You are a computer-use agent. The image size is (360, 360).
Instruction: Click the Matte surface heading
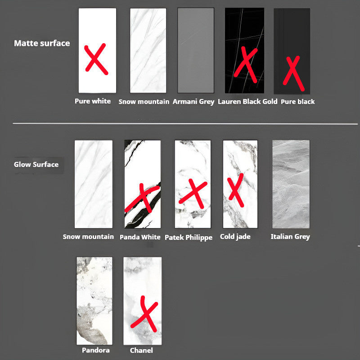(42, 43)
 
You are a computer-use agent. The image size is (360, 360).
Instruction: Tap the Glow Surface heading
(36, 164)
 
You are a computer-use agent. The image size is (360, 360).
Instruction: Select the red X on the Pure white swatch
(95, 59)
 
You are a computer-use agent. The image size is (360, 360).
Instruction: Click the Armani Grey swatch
(196, 50)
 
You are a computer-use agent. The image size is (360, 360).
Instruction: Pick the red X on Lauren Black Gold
(246, 65)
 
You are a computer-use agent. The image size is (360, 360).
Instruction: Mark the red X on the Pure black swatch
(293, 73)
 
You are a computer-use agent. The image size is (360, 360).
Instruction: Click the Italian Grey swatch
(291, 184)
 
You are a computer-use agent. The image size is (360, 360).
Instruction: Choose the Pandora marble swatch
(94, 301)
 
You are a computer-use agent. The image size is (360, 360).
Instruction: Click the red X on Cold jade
(235, 190)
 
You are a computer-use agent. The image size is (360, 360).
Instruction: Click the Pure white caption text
(93, 101)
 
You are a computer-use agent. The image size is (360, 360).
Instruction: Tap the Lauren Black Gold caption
(247, 102)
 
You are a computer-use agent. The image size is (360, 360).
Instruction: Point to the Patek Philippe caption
(189, 237)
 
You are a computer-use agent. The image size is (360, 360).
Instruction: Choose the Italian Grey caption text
(290, 237)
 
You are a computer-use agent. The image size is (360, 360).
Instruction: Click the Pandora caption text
(96, 350)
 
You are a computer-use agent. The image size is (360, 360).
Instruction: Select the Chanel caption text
(141, 351)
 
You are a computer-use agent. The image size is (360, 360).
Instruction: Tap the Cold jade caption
(235, 237)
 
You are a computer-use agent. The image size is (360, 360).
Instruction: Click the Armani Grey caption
(193, 102)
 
